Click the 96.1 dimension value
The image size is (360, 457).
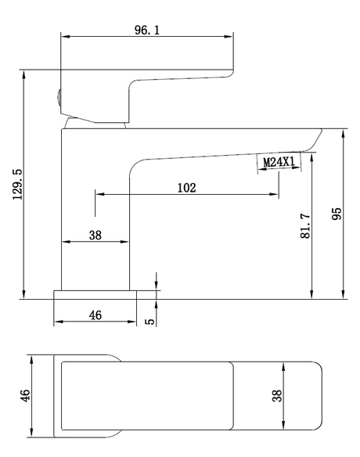(x=147, y=30)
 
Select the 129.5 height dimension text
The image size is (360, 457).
(x=18, y=184)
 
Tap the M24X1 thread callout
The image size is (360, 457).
(x=279, y=162)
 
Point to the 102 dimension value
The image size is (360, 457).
(x=187, y=188)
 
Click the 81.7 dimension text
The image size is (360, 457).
(x=305, y=226)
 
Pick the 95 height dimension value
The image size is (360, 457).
(x=337, y=214)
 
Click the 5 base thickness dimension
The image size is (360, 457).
(x=150, y=321)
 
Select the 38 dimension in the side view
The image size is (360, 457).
(x=95, y=235)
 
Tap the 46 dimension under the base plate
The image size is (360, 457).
(x=95, y=315)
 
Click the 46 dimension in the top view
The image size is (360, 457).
(x=25, y=395)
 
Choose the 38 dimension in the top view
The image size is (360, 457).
(x=277, y=396)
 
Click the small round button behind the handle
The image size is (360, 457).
(x=59, y=98)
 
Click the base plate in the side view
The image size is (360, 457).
(x=95, y=295)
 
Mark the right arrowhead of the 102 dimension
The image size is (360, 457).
(x=274, y=194)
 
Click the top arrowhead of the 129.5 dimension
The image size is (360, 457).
(x=23, y=74)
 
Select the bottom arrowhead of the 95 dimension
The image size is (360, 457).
(x=344, y=294)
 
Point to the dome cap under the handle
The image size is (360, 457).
(x=95, y=123)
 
